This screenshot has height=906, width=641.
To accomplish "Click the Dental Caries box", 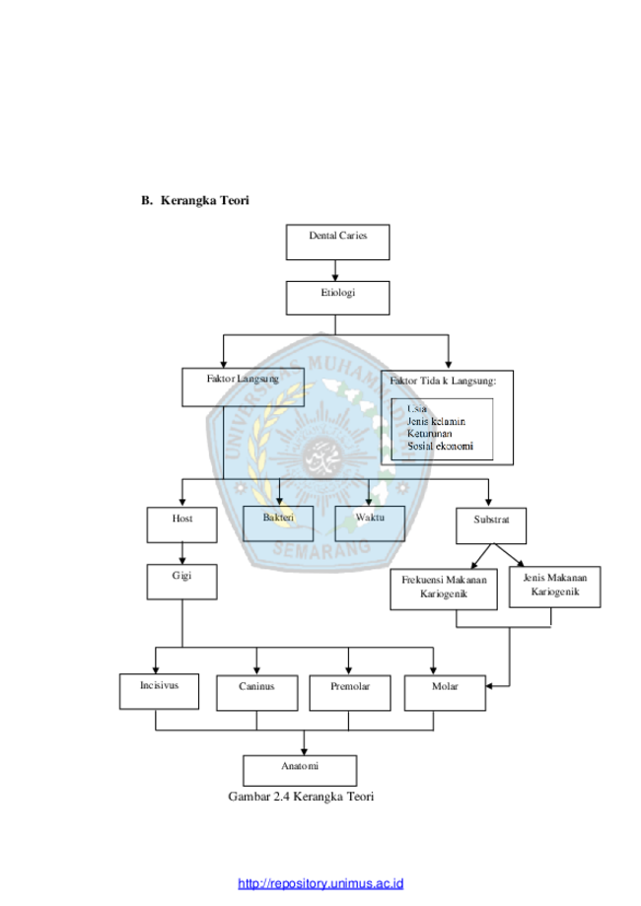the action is click(x=337, y=243).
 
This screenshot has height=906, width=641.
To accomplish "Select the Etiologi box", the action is click(x=337, y=298).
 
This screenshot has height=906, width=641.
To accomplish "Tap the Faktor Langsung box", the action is click(x=243, y=387).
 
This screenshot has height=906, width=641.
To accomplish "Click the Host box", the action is click(x=182, y=525).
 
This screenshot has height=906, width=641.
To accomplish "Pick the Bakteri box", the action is click(x=278, y=523).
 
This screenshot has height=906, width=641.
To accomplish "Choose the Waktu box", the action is click(x=370, y=523).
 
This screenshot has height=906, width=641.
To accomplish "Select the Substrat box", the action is click(x=491, y=525).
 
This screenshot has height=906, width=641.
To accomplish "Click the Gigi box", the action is click(x=182, y=582).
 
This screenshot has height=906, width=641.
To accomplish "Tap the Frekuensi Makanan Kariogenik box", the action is click(x=444, y=590).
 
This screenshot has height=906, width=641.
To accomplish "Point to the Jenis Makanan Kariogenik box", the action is click(x=555, y=587).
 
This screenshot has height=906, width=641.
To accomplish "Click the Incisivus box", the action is click(x=159, y=692).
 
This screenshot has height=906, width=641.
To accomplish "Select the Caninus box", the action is click(x=257, y=693).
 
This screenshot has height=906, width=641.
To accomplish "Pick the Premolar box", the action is click(x=350, y=693).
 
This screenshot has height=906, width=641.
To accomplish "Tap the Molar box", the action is click(x=445, y=693).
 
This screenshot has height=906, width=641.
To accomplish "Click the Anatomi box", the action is click(x=300, y=770).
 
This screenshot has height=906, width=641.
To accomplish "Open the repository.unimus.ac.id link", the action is click(x=320, y=883).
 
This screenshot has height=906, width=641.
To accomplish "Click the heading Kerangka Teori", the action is click(x=204, y=200).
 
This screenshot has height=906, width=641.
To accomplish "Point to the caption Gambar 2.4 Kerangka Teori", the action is click(x=301, y=797).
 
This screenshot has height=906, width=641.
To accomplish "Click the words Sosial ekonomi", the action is click(x=441, y=446).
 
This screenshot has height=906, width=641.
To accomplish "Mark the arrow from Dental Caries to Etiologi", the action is click(x=335, y=270).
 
